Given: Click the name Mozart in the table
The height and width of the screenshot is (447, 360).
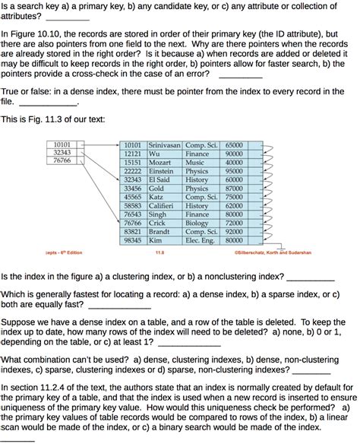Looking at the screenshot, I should click(x=159, y=163).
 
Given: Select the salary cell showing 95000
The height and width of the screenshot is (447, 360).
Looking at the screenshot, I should click(x=234, y=171).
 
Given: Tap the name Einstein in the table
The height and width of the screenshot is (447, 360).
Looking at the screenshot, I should click(x=162, y=171).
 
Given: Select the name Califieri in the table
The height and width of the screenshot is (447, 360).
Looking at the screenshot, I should click(x=163, y=205).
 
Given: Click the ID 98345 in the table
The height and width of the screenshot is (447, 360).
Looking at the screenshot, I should click(x=133, y=240).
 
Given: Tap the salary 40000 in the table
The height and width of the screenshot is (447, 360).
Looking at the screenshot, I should click(x=234, y=163).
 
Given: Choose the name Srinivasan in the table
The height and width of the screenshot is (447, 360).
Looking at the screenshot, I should click(x=164, y=145).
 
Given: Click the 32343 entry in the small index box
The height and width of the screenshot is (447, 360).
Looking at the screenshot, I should click(x=62, y=152).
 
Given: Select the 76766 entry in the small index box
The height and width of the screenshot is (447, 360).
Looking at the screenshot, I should click(x=62, y=160).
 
